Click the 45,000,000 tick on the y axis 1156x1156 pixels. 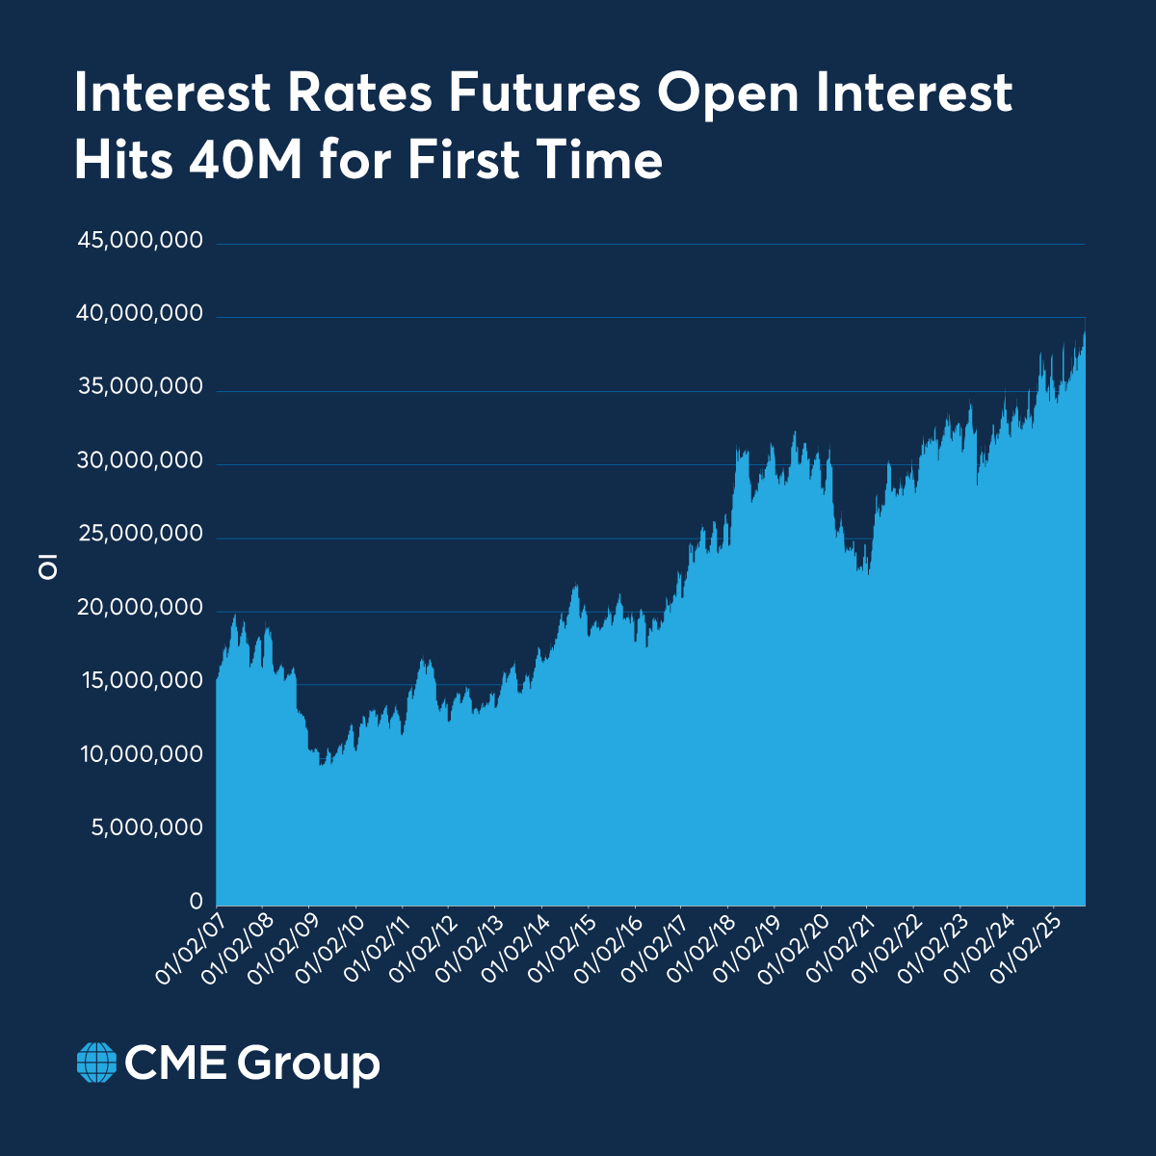click(x=140, y=240)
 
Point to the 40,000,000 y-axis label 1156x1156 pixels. click(x=140, y=314)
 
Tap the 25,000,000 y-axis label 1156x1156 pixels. click(x=140, y=535)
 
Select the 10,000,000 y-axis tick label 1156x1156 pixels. click(x=142, y=754)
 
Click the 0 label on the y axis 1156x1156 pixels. click(x=196, y=902)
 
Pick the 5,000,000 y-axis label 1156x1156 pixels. click(x=146, y=828)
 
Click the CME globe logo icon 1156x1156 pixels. click(x=96, y=1063)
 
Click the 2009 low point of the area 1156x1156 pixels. click(x=322, y=764)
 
